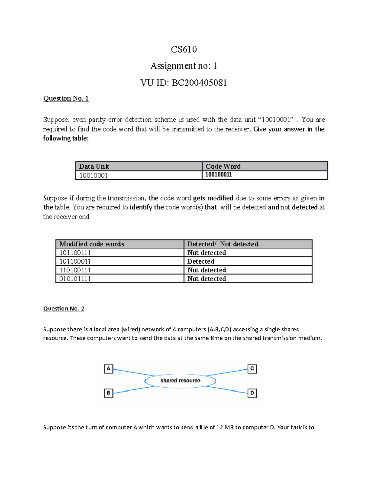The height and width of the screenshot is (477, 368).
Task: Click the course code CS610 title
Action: click(184, 49)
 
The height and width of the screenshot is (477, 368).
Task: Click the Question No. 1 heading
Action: click(66, 98)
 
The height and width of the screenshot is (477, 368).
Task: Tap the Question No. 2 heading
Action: click(63, 308)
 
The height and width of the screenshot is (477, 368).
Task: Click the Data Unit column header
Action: click(94, 166)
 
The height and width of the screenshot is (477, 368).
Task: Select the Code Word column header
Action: click(223, 166)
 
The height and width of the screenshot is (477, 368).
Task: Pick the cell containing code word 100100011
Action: click(218, 175)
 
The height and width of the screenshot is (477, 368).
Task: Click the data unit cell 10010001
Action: click(93, 176)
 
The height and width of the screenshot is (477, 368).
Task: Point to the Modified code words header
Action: click(91, 244)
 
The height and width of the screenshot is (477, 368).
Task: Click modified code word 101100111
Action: click(75, 253)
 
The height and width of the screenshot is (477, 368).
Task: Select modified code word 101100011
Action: click(75, 261)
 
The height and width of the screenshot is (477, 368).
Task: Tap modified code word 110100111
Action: click(75, 270)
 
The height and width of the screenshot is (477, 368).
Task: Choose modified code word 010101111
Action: click(75, 279)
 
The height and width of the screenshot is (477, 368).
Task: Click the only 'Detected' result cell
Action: click(201, 261)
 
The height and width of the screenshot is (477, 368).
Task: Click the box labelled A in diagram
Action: click(109, 369)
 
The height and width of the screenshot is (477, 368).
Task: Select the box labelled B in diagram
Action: click(109, 393)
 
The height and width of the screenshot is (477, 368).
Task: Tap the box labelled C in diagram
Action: click(252, 369)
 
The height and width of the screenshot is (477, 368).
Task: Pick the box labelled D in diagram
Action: click(252, 393)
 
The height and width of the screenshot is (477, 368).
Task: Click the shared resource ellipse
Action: click(180, 381)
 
